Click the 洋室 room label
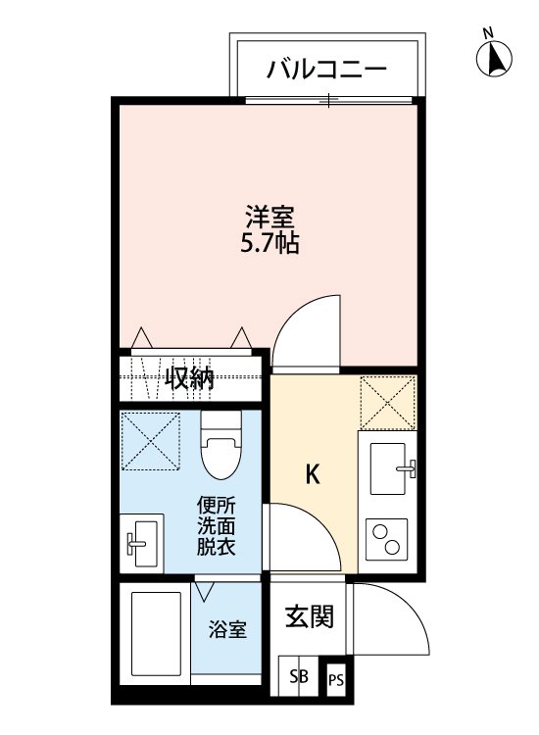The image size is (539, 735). pos(269,214)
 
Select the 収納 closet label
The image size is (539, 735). pos(189,378)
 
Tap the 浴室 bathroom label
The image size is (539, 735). pos(227,630)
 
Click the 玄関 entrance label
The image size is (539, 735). pos(309,617)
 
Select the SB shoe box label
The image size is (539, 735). pos(299,677)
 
